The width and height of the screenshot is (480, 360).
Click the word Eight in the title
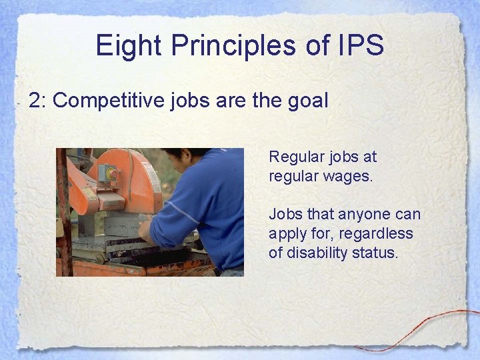pos(129,46)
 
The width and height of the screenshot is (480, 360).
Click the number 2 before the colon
pos(35,101)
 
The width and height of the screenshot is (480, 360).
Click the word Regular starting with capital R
pos(293,157)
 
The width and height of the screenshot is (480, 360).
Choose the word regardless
pos(379,234)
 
